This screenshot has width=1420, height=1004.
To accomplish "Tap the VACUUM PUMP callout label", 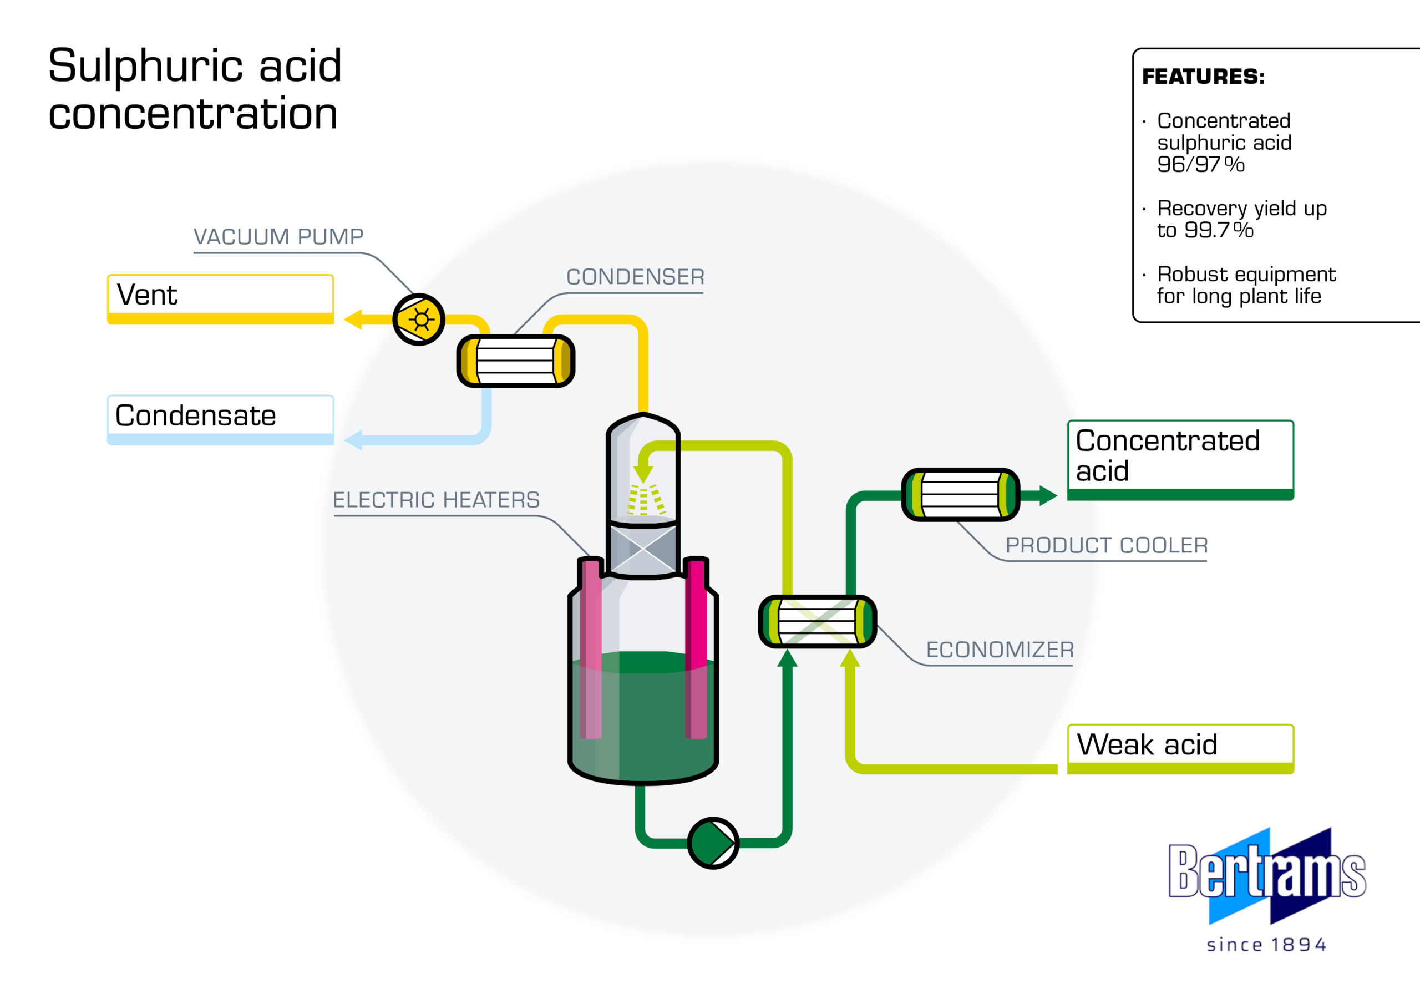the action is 278,236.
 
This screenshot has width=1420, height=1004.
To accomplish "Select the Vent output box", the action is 221,300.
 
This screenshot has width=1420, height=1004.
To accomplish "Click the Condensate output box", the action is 221,420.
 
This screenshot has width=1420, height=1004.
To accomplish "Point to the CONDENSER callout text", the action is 635,277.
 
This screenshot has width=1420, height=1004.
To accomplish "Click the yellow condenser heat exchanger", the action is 516,361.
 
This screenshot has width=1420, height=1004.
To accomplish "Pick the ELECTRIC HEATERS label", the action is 436,499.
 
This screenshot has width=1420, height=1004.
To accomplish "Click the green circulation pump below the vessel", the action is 713,843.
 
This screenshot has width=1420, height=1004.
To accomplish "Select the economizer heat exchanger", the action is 818,622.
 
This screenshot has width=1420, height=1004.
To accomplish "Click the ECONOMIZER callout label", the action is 1000,650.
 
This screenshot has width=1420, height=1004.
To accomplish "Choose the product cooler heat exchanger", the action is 961,495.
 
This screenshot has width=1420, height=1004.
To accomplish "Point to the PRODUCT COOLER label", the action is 1107,545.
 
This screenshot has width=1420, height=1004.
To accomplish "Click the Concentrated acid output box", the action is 1181,460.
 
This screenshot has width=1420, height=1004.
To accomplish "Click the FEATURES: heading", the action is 1203,76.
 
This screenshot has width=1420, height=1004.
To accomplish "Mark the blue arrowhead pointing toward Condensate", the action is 353,440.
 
